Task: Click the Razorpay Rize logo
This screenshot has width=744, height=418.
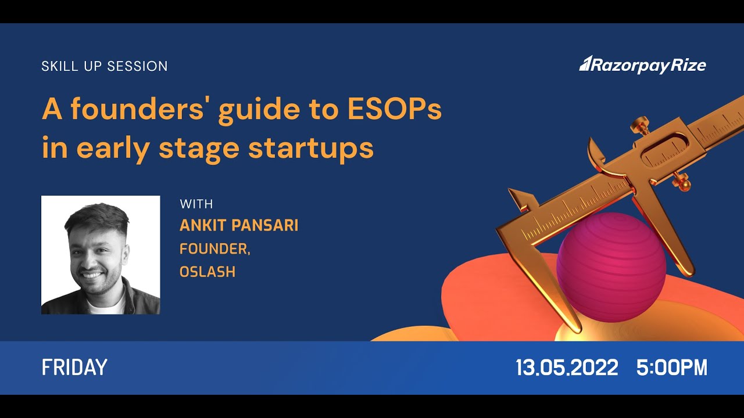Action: click(642, 64)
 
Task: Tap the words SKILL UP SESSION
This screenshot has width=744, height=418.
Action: click(105, 66)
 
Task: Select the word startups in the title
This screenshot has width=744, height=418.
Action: click(311, 148)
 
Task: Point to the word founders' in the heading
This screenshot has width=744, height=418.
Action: click(142, 110)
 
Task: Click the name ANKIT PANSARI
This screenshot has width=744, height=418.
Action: click(239, 225)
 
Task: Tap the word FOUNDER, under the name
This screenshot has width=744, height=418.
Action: click(214, 248)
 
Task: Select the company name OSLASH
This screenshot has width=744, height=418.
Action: click(208, 272)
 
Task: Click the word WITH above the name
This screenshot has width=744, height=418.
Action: click(196, 204)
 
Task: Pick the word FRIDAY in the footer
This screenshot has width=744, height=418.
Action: click(74, 367)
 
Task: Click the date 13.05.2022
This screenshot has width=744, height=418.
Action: click(567, 367)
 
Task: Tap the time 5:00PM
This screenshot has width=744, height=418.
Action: click(672, 367)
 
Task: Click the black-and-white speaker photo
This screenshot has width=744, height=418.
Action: click(101, 255)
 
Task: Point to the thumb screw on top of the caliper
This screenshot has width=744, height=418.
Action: click(641, 124)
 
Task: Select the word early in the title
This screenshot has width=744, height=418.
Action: click(111, 148)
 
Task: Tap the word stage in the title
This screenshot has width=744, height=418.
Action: click(199, 148)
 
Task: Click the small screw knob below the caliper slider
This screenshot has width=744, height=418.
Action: click(682, 183)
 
